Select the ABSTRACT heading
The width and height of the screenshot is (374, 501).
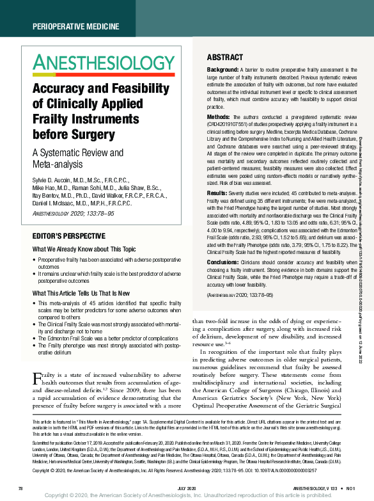click(224, 57)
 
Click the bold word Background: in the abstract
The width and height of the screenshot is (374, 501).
click(222, 68)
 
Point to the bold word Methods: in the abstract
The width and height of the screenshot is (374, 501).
click(219, 118)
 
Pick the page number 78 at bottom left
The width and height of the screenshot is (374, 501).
click(21, 488)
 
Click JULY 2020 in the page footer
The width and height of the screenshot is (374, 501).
click(187, 488)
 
